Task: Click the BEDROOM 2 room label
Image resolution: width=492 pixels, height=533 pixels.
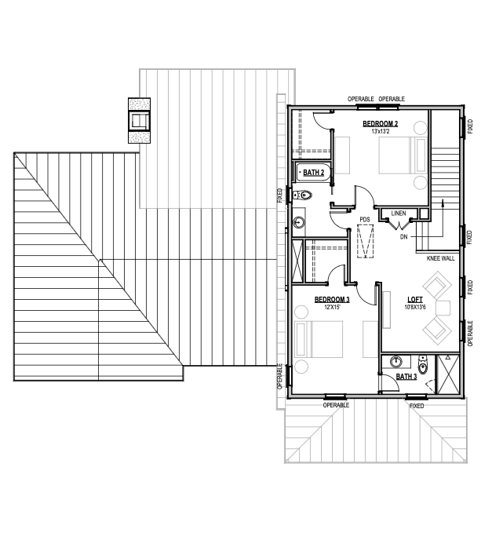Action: tap(381, 124)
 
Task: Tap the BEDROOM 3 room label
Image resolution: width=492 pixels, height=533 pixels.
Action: tap(332, 300)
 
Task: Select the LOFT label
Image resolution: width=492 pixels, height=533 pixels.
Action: tap(415, 300)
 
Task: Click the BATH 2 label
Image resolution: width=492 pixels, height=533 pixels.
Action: tap(314, 173)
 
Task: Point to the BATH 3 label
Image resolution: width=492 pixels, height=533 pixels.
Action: tap(406, 377)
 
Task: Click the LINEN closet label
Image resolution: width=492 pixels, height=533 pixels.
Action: tap(399, 214)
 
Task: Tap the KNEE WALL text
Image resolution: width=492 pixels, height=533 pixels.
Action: tap(441, 258)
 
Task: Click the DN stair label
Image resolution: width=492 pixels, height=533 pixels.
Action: tap(403, 237)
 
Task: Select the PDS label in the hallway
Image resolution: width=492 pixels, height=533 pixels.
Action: tap(365, 220)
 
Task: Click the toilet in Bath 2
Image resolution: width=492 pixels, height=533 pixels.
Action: tap(302, 195)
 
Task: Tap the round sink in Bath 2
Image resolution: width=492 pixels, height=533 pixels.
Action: tap(299, 223)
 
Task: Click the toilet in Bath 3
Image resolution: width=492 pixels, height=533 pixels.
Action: tap(423, 364)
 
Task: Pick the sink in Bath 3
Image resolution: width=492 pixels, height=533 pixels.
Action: tap(395, 362)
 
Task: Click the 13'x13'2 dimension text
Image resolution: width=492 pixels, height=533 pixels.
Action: tap(381, 131)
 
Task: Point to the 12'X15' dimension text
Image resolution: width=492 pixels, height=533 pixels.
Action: tap(332, 307)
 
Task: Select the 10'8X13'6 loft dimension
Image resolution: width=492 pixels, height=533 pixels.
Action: tap(415, 307)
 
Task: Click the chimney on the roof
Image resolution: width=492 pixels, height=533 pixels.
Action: tap(140, 121)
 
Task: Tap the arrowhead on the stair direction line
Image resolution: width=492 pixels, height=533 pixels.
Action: tap(443, 202)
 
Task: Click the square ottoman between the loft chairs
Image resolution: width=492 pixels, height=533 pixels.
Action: tap(443, 308)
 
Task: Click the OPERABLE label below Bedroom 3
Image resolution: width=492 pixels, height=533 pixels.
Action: tap(336, 405)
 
